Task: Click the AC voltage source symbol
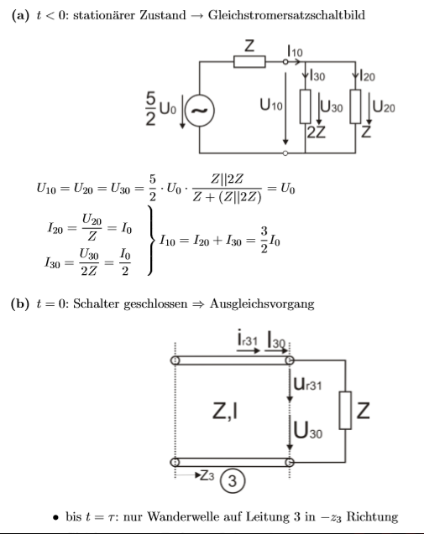point(200,111)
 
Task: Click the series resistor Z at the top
point(249,62)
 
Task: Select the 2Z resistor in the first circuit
point(305,106)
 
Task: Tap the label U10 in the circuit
point(271,105)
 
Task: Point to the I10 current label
point(295,51)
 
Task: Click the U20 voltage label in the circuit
point(384,106)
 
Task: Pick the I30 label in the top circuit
point(317,75)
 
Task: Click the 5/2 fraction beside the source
point(151,108)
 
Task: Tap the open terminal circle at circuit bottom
point(285,153)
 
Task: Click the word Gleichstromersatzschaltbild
point(286,15)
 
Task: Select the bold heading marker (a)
point(20,15)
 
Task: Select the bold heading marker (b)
point(20,303)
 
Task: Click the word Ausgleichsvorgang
point(262,303)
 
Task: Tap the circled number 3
point(233,481)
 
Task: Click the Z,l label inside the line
point(225,411)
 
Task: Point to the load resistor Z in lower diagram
point(345,411)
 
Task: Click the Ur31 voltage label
point(307,384)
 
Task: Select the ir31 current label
point(247,340)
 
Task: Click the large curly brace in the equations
point(150,240)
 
